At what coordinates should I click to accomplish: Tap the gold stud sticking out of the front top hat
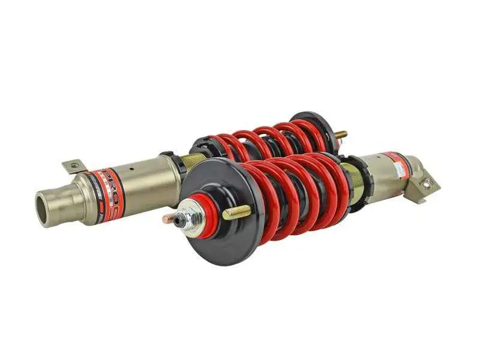[x=238, y=212]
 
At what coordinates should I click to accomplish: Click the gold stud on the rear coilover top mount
[x=340, y=134]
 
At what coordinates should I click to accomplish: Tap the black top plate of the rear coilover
[x=315, y=129]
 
